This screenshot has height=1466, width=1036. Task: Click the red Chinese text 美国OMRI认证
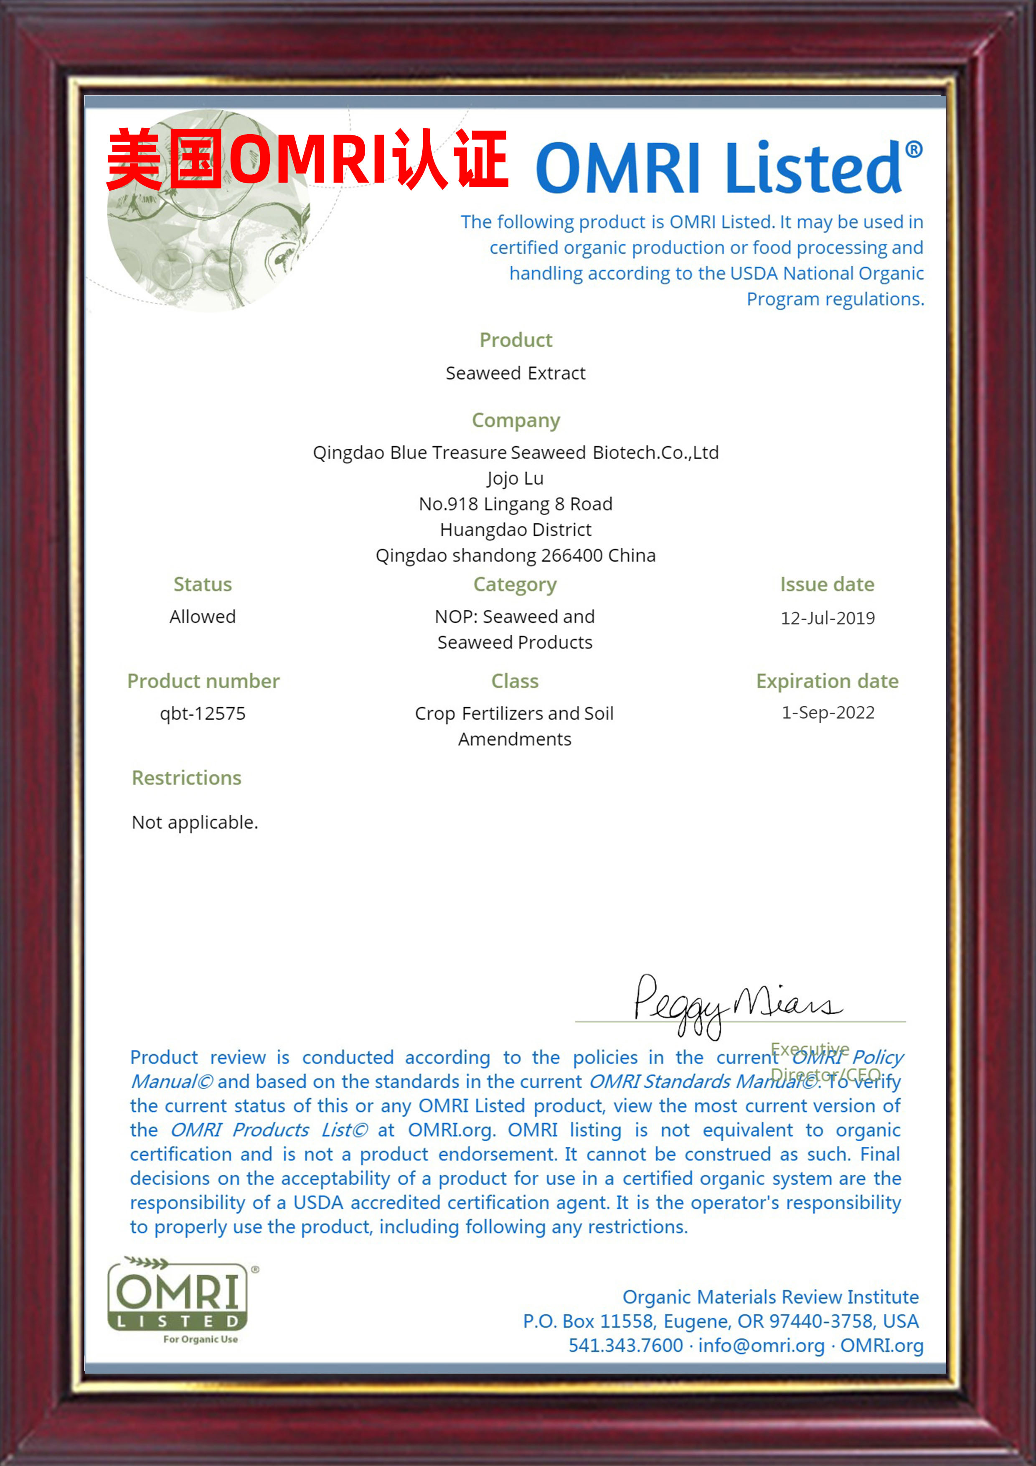pos(306,160)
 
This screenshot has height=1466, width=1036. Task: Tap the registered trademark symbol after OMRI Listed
pos(914,150)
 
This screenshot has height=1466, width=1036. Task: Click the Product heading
pos(516,340)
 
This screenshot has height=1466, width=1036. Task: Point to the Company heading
pos(516,420)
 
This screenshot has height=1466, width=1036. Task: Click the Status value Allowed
pos(202,616)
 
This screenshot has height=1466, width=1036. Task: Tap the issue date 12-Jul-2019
pos(827,617)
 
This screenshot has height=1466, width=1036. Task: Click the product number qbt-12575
pos(202,713)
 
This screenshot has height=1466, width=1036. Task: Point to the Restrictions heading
pos(186,778)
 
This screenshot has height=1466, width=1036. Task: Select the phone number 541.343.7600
pos(625,1345)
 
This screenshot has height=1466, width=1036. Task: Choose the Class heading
pos(515,681)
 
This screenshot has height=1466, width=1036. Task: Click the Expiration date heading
pos(827,681)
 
